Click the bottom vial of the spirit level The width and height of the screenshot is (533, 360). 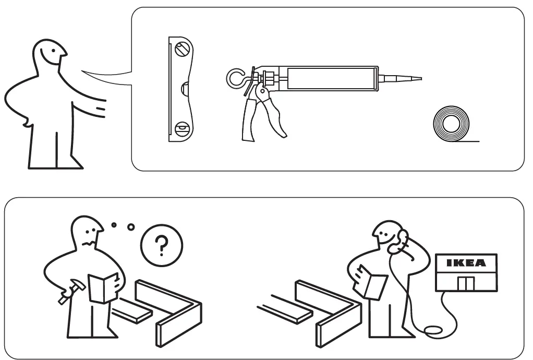tap(183, 127)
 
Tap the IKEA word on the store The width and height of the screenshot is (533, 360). tap(466, 262)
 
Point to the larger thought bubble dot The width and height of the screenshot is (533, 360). tap(131, 227)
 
